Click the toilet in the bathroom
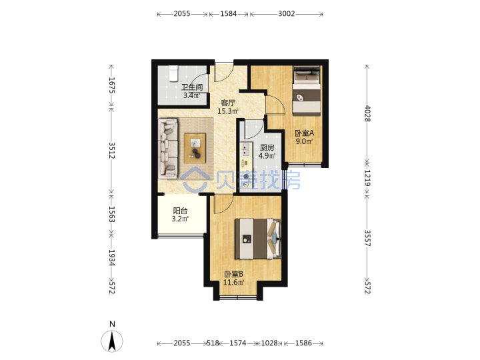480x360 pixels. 173,73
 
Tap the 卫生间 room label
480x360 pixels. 192,87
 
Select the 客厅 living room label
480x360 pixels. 228,103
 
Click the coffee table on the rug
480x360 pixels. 195,148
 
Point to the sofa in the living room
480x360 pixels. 168,149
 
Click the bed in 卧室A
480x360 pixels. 307,91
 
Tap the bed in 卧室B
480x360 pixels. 258,239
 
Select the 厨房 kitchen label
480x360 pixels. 267,147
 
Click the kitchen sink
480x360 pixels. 245,150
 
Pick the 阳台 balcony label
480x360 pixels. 180,211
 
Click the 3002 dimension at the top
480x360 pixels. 287,14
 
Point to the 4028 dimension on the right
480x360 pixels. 367,113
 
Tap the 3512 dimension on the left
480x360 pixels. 111,150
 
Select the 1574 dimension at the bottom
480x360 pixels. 238,343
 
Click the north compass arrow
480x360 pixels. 112,341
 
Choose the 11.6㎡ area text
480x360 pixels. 234,282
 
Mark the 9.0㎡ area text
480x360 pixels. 304,141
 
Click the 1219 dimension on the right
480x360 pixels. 367,178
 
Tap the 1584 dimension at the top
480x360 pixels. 229,14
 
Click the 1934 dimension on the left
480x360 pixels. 111,258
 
